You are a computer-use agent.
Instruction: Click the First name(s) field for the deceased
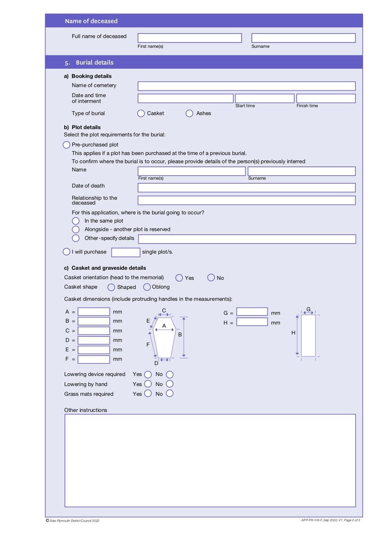coord(189,38)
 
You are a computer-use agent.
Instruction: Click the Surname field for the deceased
coord(303,38)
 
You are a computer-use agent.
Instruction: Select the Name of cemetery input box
coord(246,86)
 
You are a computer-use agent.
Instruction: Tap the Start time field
coord(265,98)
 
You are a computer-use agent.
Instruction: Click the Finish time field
coord(326,98)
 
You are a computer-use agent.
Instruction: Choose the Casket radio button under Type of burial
coord(141,113)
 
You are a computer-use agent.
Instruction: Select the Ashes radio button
coord(189,113)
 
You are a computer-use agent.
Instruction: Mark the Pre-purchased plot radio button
coord(67,145)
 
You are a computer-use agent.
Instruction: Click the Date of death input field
coord(246,188)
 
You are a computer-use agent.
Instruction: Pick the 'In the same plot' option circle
coord(76,221)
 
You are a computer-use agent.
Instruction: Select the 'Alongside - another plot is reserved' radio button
coord(76,229)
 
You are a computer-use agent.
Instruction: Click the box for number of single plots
coord(126,252)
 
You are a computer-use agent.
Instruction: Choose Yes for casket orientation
coord(179,278)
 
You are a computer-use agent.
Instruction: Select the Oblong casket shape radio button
coord(147,287)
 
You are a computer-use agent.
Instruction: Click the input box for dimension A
coord(94,312)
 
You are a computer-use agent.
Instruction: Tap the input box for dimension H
coord(252,322)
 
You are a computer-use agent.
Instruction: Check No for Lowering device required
coord(170,374)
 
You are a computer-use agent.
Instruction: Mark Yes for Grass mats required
coord(148,393)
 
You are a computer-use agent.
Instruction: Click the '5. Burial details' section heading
coord(94,62)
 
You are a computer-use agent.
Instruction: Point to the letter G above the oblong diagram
coord(309,310)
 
